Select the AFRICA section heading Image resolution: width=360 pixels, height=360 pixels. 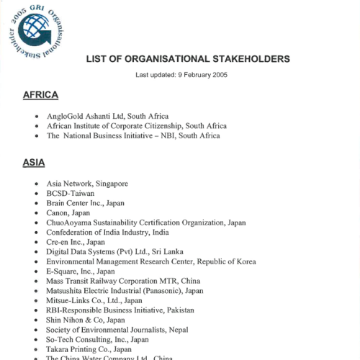[x=40, y=95]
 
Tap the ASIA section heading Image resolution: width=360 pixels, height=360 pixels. [x=34, y=163]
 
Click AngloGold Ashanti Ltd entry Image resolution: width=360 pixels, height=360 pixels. [x=107, y=115]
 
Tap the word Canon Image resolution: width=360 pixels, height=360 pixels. [x=58, y=213]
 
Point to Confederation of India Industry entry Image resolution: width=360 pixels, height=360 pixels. [x=107, y=233]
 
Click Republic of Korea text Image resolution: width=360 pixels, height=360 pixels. [x=222, y=261]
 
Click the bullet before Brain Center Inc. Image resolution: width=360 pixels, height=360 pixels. [x=37, y=204]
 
